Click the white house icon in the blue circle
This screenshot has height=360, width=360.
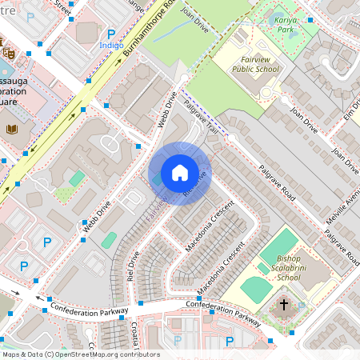(x=179, y=173)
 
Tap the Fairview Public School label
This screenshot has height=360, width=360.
(x=255, y=64)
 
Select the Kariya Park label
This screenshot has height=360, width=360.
(x=283, y=22)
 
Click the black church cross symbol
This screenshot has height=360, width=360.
(x=283, y=305)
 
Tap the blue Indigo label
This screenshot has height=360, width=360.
(x=111, y=46)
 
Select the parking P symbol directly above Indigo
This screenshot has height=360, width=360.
(x=111, y=34)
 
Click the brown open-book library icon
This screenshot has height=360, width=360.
(x=12, y=128)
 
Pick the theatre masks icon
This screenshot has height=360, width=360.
(x=8, y=52)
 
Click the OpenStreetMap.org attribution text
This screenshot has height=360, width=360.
(x=96, y=354)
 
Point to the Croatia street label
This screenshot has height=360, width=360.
(x=134, y=336)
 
